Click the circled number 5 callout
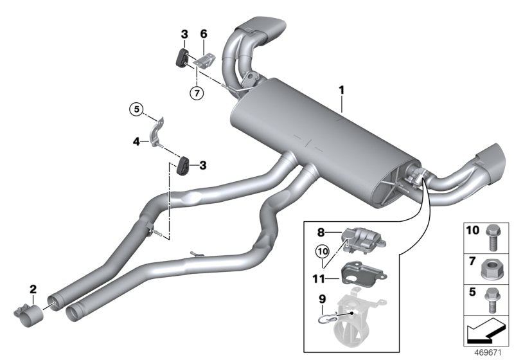(136, 110)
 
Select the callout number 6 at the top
(204, 34)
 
